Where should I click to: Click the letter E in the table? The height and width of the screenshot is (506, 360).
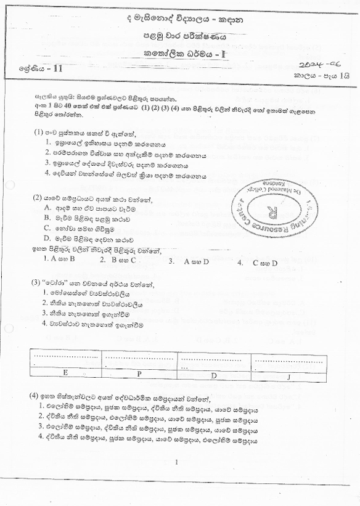click(65, 373)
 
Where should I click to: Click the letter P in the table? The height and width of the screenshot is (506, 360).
click(139, 373)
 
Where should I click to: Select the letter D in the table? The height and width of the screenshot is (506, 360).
click(213, 374)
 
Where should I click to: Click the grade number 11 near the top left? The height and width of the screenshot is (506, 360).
click(58, 70)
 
